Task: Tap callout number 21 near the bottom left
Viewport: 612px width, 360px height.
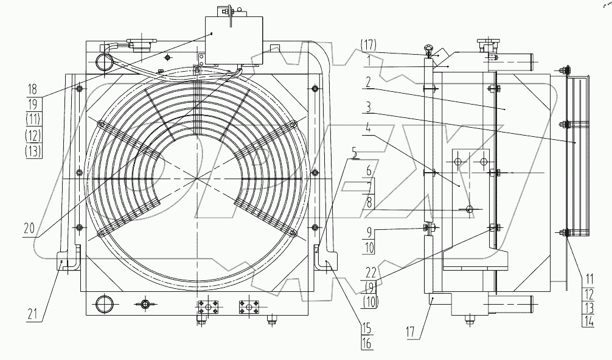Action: coord(34,314)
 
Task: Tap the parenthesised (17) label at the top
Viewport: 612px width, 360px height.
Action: coord(369,44)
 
